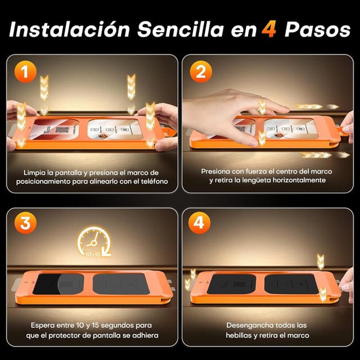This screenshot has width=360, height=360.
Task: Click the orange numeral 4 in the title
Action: [268, 29]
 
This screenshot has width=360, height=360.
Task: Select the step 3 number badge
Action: [25, 223]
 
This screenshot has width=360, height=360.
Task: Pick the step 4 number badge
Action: [200, 223]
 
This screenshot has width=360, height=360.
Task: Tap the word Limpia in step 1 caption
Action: [36, 172]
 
